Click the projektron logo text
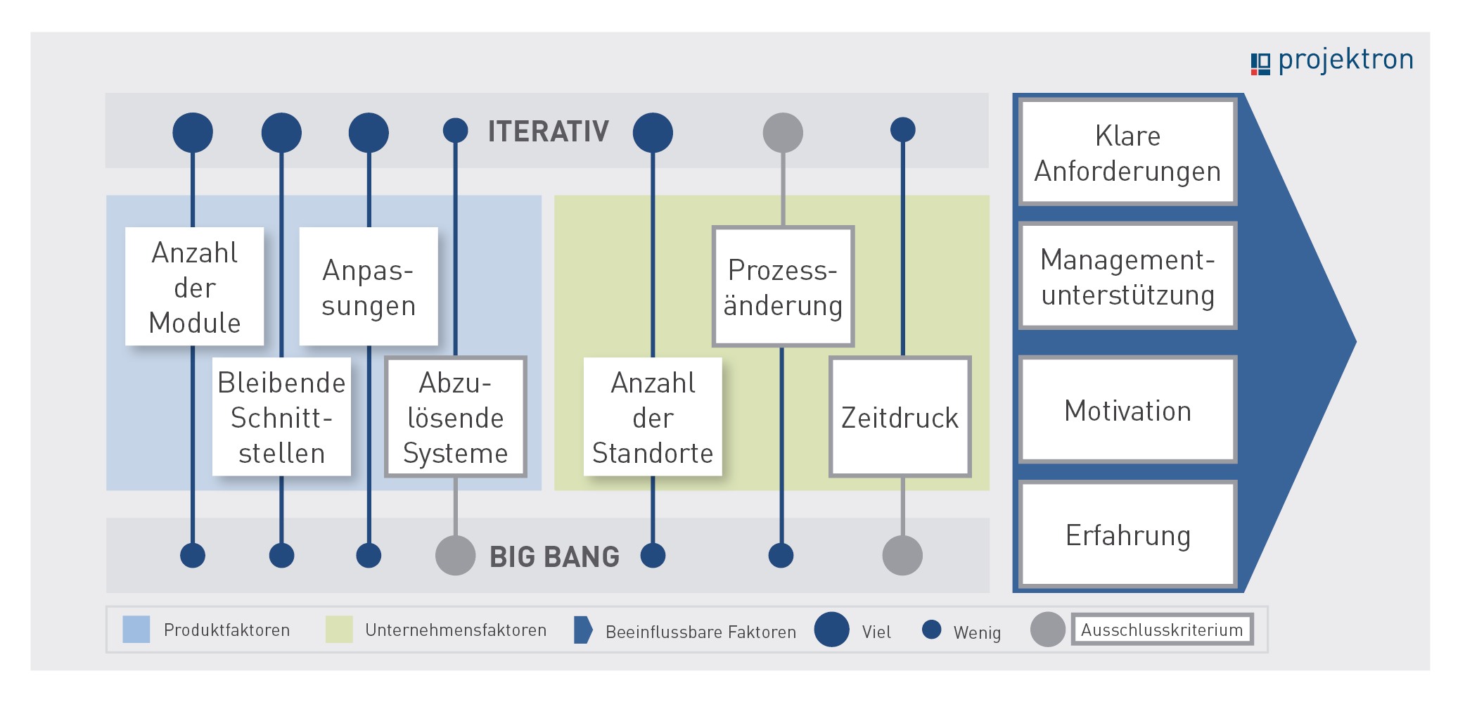pos(1345,60)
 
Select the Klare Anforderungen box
pos(1128,152)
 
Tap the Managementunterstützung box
pos(1128,276)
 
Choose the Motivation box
pos(1128,409)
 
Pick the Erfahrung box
pos(1128,534)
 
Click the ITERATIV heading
pos(549,132)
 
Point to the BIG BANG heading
pos(555,556)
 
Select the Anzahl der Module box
pos(195,286)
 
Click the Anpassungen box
pos(369,286)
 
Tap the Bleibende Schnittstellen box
pos(281,416)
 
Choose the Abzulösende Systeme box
pos(456,416)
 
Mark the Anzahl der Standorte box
pos(653,416)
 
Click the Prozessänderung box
pos(783,286)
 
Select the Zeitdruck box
pos(900,416)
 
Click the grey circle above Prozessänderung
pos(783,132)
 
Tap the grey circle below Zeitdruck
pos(902,555)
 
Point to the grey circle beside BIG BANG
pos(456,555)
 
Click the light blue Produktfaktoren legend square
pos(136,629)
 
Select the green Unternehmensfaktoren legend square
pos(339,629)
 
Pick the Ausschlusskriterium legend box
pos(1163,629)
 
